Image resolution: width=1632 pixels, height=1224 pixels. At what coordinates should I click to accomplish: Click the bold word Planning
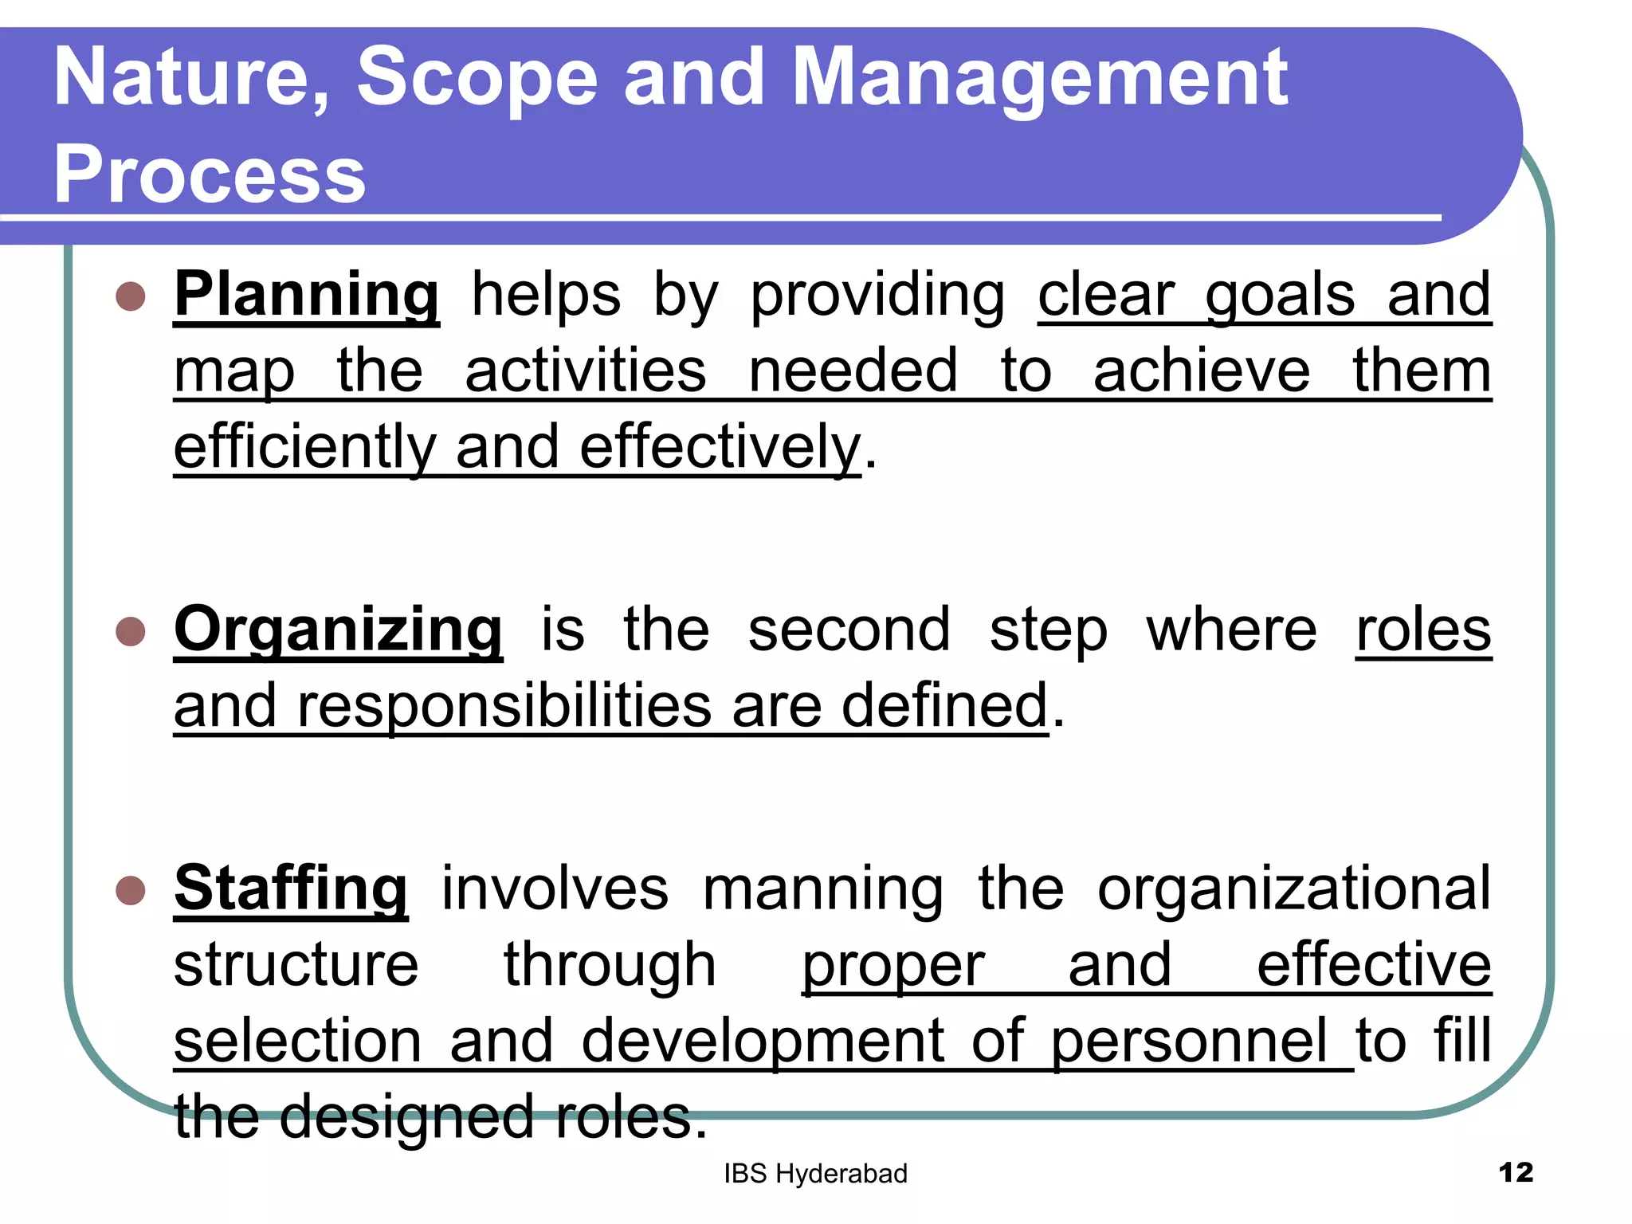point(307,296)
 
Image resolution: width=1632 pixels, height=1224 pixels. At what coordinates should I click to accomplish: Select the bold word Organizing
point(338,630)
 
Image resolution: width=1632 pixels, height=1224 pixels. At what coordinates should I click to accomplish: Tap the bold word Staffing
point(291,889)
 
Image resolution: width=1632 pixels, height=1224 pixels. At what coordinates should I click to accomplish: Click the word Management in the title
point(1040,76)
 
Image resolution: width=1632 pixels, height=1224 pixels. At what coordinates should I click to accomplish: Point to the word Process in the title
point(210,175)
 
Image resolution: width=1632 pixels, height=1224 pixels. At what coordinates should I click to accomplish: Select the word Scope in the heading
point(477,76)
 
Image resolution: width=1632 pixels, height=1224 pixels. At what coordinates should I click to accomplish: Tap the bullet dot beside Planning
point(130,296)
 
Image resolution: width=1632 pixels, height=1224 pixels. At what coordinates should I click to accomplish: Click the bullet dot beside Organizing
point(130,631)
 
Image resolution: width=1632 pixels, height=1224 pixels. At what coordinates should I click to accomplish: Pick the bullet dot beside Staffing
point(130,889)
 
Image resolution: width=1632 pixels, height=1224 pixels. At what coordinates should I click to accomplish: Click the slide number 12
point(1515,1173)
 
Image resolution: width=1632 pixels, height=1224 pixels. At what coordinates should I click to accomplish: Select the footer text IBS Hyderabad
point(815,1174)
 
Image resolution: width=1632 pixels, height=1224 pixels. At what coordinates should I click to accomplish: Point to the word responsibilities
point(504,706)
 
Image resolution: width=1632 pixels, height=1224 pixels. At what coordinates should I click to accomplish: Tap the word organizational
point(1293,889)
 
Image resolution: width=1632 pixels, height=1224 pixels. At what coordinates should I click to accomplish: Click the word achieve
point(1201,371)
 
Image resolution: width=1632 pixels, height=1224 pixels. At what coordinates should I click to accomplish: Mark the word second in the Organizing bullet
point(849,630)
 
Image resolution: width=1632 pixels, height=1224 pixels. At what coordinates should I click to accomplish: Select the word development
point(763,1041)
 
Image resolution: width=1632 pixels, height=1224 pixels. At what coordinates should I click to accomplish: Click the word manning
point(822,889)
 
